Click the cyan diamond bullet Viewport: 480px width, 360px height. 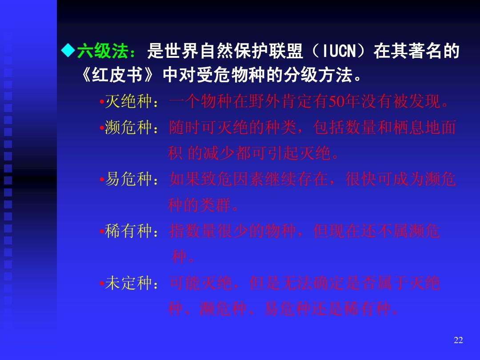pos(68,51)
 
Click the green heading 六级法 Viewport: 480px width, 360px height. pos(103,51)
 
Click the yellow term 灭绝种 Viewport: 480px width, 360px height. pos(128,101)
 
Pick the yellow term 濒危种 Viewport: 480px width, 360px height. pos(128,127)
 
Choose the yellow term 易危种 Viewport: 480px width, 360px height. pos(128,179)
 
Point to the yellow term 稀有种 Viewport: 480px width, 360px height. pos(128,231)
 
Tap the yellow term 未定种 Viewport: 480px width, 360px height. pos(128,283)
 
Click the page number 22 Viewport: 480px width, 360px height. pos(458,340)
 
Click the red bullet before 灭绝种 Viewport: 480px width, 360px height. pos(102,102)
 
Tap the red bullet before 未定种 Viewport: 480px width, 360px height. pos(102,284)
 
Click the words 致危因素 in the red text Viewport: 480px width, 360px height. pos(232,179)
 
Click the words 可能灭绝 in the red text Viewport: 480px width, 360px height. pos(201,283)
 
